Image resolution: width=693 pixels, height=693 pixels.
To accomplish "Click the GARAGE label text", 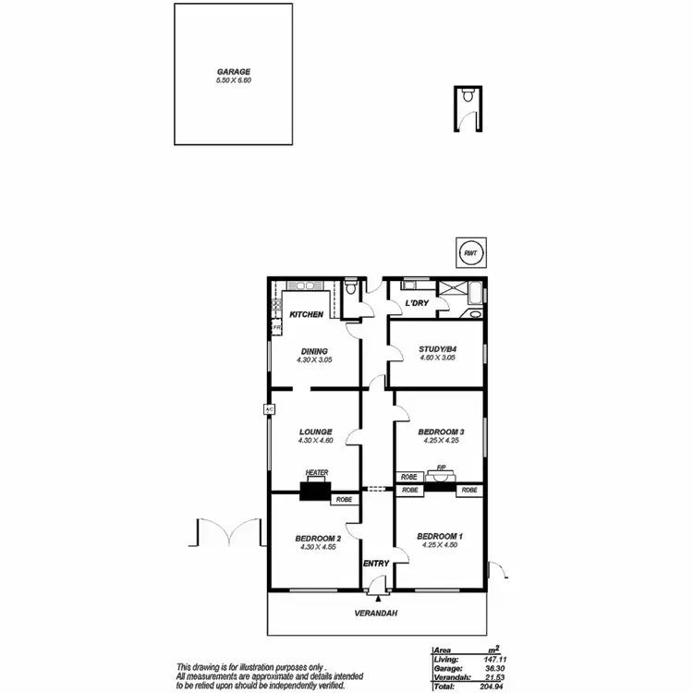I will (234, 71).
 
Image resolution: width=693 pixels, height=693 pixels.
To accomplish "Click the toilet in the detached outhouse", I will (469, 95).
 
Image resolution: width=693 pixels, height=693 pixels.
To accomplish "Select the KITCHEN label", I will (307, 315).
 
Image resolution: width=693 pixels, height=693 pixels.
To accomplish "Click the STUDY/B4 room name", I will (437, 349).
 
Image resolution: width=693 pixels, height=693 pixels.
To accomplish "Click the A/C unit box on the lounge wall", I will (269, 408).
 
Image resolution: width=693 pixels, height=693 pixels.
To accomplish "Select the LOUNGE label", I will (315, 431).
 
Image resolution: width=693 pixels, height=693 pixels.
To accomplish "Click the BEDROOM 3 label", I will (440, 432).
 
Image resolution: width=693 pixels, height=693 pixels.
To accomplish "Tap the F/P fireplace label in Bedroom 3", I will (443, 468).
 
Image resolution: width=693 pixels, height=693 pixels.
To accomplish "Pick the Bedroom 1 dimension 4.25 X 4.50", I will (440, 545).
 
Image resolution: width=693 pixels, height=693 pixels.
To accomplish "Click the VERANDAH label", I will (377, 614).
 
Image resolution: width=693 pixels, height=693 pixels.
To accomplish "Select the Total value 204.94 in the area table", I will (500, 687).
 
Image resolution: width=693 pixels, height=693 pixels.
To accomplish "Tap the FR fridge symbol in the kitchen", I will (275, 327).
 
